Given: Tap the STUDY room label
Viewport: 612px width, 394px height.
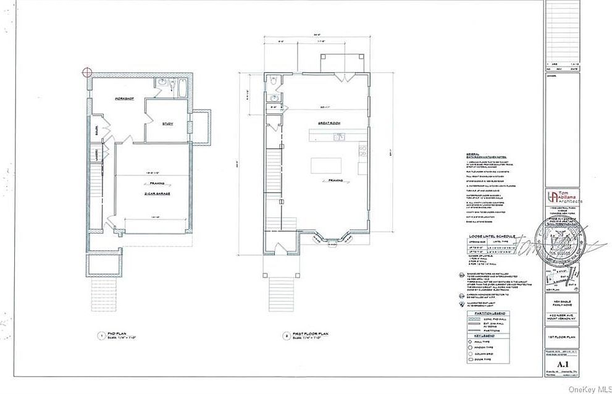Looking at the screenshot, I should tap(167, 124).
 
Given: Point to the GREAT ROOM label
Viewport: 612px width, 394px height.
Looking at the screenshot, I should tap(329, 124).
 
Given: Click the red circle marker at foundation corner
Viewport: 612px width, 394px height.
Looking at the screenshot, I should tap(88, 72).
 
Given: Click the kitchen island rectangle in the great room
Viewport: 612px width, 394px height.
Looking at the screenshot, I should tap(326, 166).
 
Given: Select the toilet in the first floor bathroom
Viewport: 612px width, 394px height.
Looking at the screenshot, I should tap(272, 80).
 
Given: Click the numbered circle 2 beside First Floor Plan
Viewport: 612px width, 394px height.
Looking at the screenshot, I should tap(287, 337).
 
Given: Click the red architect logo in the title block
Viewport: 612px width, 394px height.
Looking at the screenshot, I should tap(552, 196).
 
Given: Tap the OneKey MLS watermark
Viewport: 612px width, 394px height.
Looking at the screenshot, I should tap(587, 388).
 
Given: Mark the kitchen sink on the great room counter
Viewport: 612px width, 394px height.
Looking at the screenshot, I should tap(338, 138).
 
